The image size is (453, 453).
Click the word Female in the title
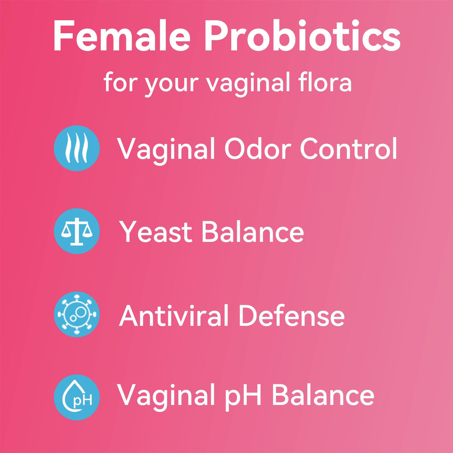[122, 36]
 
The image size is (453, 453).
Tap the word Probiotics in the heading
[302, 36]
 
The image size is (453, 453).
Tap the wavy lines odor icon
[77, 148]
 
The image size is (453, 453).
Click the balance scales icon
[77, 231]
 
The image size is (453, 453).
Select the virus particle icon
[77, 314]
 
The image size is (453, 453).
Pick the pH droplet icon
[77, 397]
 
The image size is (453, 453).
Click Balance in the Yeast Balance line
[253, 232]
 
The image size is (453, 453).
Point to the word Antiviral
[174, 316]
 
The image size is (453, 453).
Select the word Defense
[291, 316]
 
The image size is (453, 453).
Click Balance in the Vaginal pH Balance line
[323, 395]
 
